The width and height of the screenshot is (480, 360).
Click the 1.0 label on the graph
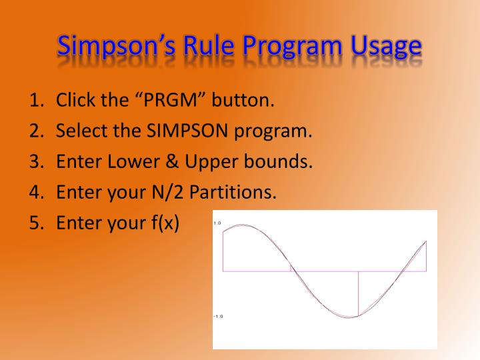point(217,223)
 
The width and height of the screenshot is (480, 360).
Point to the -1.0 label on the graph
point(218,316)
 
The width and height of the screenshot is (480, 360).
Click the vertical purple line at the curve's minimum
point(359,293)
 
